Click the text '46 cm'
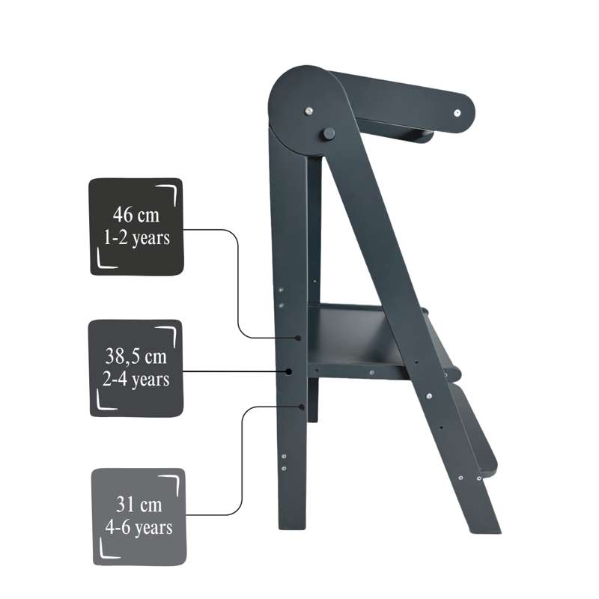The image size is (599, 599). (x=136, y=215)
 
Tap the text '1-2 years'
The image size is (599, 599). (x=137, y=238)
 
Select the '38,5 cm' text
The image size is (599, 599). (x=136, y=356)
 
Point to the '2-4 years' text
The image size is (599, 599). (x=136, y=380)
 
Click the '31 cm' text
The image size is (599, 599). (x=139, y=504)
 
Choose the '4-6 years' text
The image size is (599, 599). (x=139, y=528)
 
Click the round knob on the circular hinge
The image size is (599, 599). (x=329, y=134)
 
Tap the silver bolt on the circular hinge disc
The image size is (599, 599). (x=308, y=111)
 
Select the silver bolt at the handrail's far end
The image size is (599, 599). (x=457, y=113)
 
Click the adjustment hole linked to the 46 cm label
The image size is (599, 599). (x=298, y=338)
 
